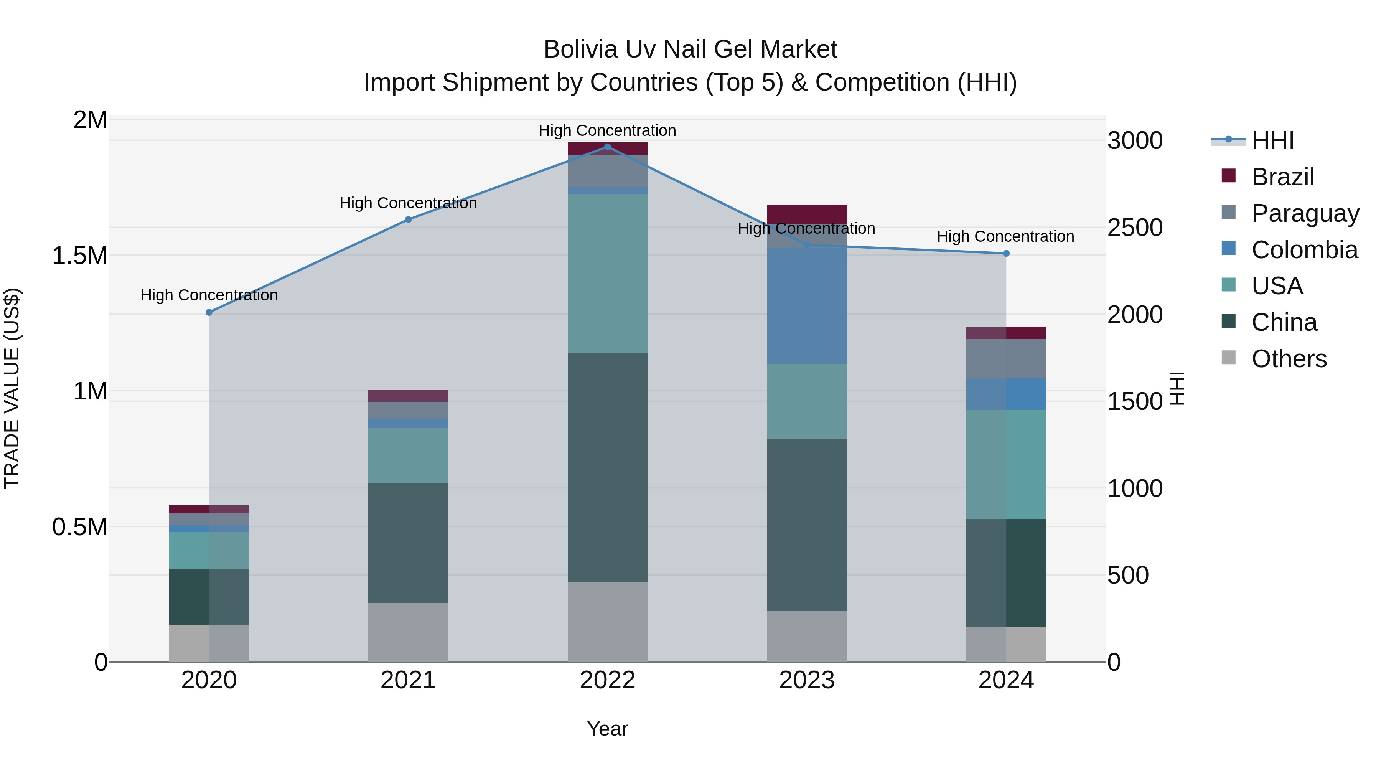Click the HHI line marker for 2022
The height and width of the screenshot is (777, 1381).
click(607, 147)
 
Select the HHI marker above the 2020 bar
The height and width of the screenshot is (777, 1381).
click(209, 312)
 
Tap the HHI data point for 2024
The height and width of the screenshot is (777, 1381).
click(1006, 254)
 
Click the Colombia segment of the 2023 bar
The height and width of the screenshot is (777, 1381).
click(807, 306)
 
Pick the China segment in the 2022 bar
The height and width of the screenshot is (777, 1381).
click(607, 468)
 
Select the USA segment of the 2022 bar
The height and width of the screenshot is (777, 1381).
click(607, 274)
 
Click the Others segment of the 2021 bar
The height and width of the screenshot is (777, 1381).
click(408, 632)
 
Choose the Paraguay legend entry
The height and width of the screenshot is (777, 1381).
click(1305, 213)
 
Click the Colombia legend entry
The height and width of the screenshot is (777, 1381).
click(1304, 249)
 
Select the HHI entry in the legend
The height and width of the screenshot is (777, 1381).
click(1272, 140)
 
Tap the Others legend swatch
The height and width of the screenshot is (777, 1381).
click(1228, 358)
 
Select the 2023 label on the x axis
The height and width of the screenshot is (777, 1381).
click(807, 680)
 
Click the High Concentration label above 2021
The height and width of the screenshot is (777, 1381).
click(408, 203)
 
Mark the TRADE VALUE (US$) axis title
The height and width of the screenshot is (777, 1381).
click(12, 388)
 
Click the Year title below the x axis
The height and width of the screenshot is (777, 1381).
click(607, 729)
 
